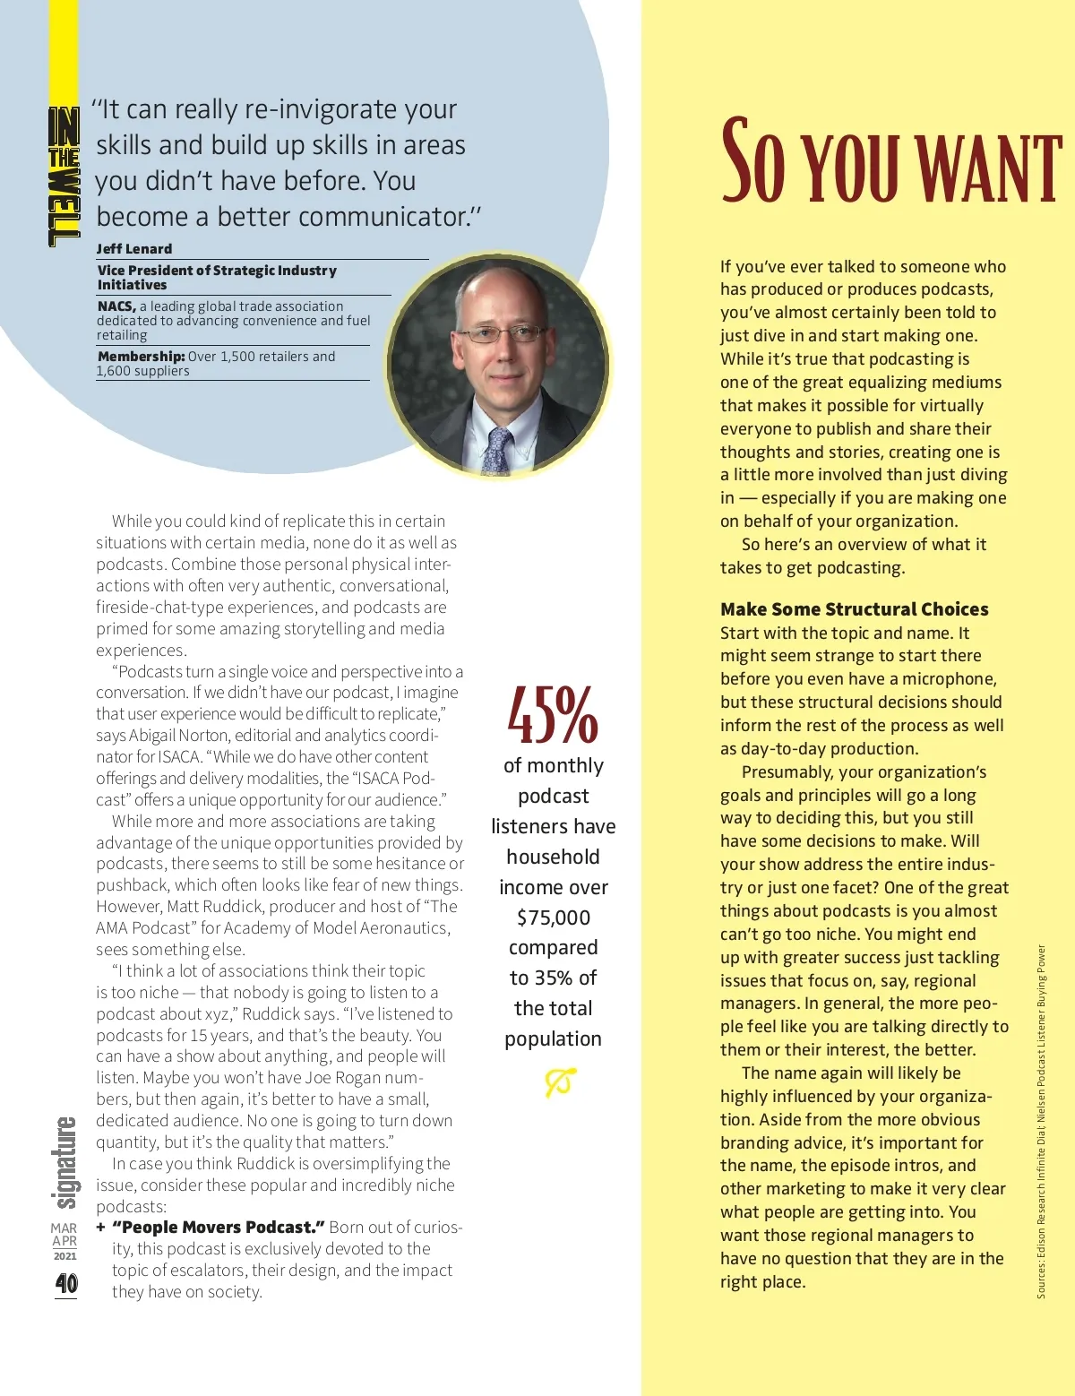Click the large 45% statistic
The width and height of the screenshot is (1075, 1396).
553,716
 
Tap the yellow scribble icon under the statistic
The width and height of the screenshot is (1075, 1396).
560,1082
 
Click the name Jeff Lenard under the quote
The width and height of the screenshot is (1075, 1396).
134,249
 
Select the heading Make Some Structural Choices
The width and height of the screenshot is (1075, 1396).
854,609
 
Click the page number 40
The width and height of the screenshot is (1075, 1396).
66,1284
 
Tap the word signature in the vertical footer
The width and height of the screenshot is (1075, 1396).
64,1163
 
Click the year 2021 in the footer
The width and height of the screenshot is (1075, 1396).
64,1256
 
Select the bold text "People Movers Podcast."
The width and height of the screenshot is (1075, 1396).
219,1228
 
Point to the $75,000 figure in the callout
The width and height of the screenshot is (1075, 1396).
554,918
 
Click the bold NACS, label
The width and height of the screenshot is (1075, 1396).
116,306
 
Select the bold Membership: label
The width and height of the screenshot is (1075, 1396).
142,357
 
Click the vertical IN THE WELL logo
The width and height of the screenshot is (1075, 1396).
64,177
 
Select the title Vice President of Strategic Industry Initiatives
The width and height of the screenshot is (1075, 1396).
217,277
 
